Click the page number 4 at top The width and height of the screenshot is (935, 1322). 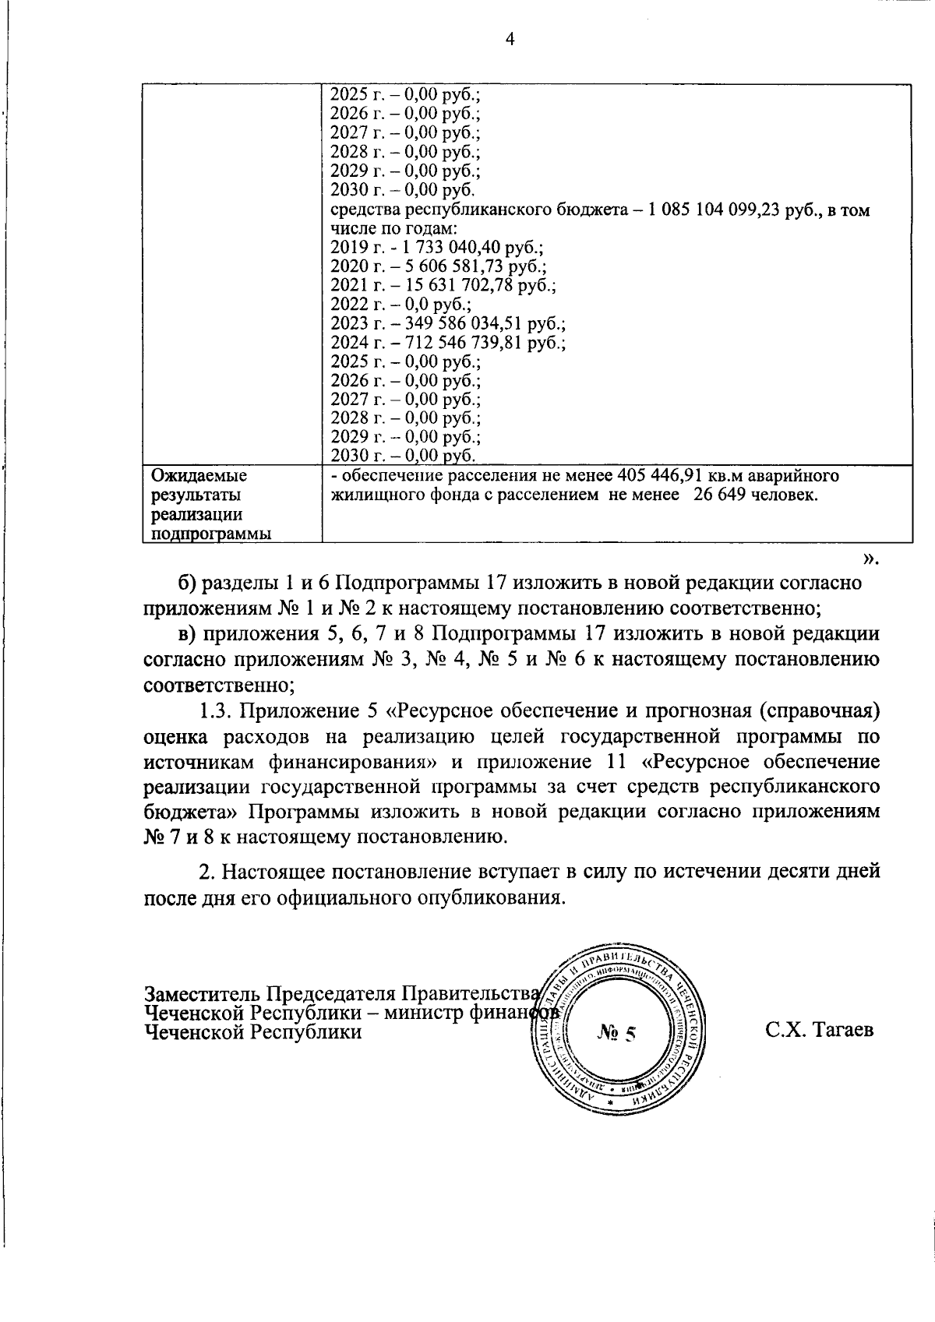(x=510, y=41)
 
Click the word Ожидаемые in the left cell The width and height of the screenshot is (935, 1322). (x=199, y=476)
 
